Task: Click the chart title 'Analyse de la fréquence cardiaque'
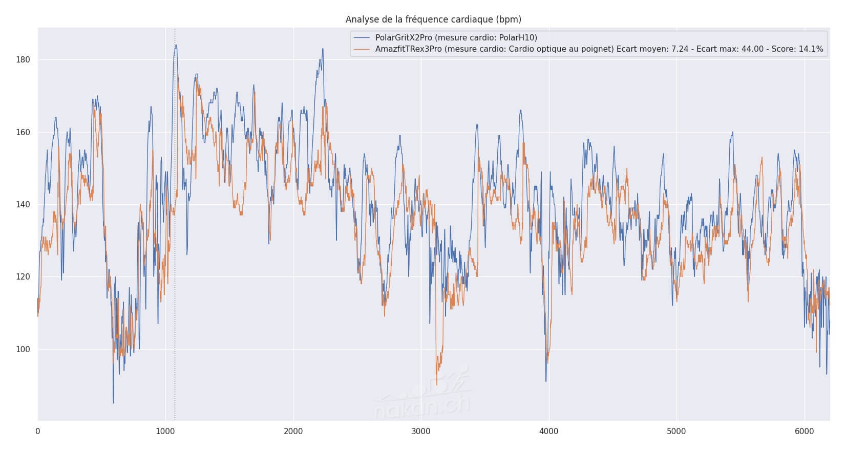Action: pyautogui.click(x=433, y=19)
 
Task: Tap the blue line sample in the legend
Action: pyautogui.click(x=362, y=37)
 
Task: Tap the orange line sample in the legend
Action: pyautogui.click(x=362, y=49)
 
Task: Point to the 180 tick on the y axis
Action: pyautogui.click(x=24, y=60)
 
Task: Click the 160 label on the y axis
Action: pyautogui.click(x=24, y=132)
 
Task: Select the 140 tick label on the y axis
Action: pyautogui.click(x=24, y=205)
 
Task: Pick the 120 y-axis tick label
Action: pyautogui.click(x=24, y=277)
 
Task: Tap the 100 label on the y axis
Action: pyautogui.click(x=24, y=350)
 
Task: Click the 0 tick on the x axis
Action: pyautogui.click(x=38, y=432)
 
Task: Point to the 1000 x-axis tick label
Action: pyautogui.click(x=165, y=432)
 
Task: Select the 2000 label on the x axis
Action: pyautogui.click(x=293, y=432)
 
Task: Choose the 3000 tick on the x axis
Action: pyautogui.click(x=421, y=432)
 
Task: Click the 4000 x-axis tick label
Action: pyautogui.click(x=549, y=432)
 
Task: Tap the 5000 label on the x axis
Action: pyautogui.click(x=676, y=432)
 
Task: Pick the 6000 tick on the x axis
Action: pyautogui.click(x=805, y=432)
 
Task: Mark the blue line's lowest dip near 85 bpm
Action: pyautogui.click(x=113, y=402)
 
